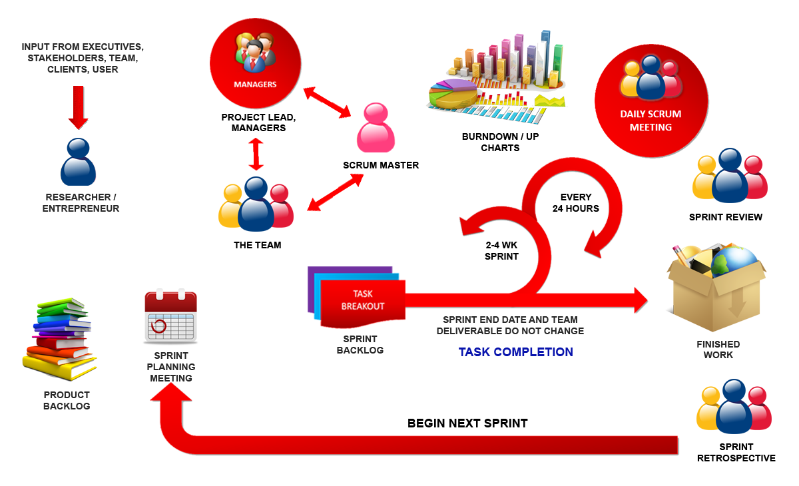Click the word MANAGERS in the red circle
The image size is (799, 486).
click(255, 85)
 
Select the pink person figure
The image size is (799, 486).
click(376, 127)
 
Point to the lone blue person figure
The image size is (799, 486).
click(79, 162)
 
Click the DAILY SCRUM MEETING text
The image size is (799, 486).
click(651, 120)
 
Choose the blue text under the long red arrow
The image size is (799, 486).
click(515, 352)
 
